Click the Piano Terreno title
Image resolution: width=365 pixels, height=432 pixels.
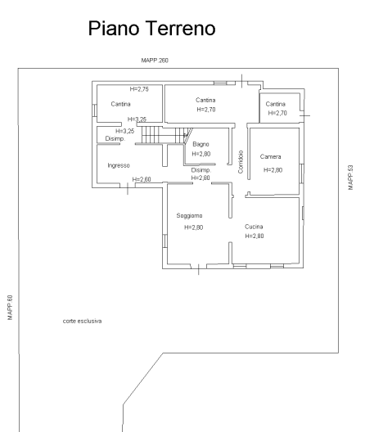(151, 29)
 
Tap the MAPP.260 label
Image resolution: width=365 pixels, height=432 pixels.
(155, 61)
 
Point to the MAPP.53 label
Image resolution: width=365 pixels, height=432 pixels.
(350, 178)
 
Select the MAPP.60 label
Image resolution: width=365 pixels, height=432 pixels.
(10, 308)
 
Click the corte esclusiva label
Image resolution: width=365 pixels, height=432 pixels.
(82, 321)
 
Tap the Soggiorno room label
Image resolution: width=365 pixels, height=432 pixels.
(189, 216)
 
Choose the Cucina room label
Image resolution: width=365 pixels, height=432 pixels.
(254, 227)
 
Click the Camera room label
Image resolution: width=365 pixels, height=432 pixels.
(270, 157)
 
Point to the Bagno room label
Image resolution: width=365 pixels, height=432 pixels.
(201, 144)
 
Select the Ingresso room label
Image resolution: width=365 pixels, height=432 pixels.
(119, 165)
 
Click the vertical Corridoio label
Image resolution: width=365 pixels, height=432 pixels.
(241, 162)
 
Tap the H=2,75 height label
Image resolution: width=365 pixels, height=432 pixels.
(139, 89)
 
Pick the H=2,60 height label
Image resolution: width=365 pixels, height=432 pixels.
(142, 179)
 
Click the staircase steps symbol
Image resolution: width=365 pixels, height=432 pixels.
(163, 135)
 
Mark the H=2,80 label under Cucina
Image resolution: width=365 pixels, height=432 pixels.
(255, 236)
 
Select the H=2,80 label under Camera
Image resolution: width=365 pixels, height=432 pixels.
(273, 170)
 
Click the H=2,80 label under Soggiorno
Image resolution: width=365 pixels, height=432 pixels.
(193, 227)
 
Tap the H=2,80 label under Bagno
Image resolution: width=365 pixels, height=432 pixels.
(201, 154)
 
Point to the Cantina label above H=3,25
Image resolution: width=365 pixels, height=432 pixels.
(121, 104)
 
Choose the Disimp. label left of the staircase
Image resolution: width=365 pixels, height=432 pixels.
(115, 139)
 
